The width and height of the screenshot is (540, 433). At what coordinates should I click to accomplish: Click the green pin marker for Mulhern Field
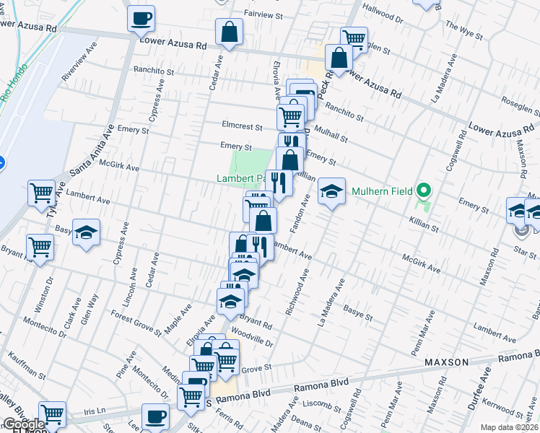click(x=424, y=191)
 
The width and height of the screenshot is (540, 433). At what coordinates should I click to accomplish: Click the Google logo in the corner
click(x=24, y=424)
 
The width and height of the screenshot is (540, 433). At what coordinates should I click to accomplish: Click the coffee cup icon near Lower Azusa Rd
click(x=141, y=17)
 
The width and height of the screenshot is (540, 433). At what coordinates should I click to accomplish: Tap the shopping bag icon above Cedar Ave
click(x=229, y=32)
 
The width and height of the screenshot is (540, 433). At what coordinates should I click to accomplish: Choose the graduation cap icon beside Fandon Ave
click(x=331, y=191)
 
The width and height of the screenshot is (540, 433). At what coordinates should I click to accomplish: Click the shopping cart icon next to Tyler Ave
click(x=41, y=193)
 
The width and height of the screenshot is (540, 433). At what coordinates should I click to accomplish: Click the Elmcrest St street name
click(x=243, y=126)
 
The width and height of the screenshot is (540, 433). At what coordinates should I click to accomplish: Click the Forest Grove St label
click(x=136, y=323)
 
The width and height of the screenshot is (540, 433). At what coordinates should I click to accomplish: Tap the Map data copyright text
click(x=510, y=427)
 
